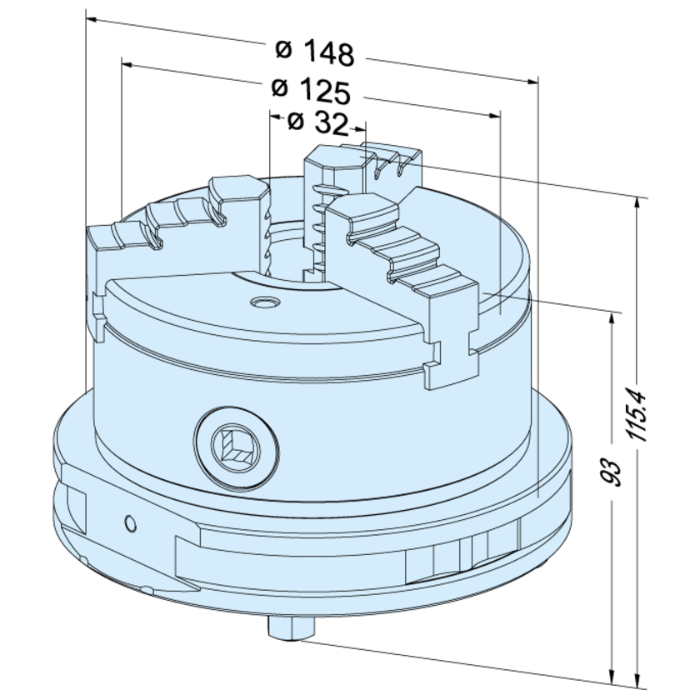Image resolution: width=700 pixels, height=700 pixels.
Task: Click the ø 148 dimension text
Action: point(315,52)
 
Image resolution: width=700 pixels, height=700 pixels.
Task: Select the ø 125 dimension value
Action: point(310,88)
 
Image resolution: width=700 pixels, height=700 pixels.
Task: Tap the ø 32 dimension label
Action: point(316,123)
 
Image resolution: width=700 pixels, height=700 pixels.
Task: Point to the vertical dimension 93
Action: point(612,472)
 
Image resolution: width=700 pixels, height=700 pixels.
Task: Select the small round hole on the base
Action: point(128,522)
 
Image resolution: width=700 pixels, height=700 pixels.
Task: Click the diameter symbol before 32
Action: point(294,123)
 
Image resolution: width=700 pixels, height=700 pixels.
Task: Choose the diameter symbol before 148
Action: point(283,51)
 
